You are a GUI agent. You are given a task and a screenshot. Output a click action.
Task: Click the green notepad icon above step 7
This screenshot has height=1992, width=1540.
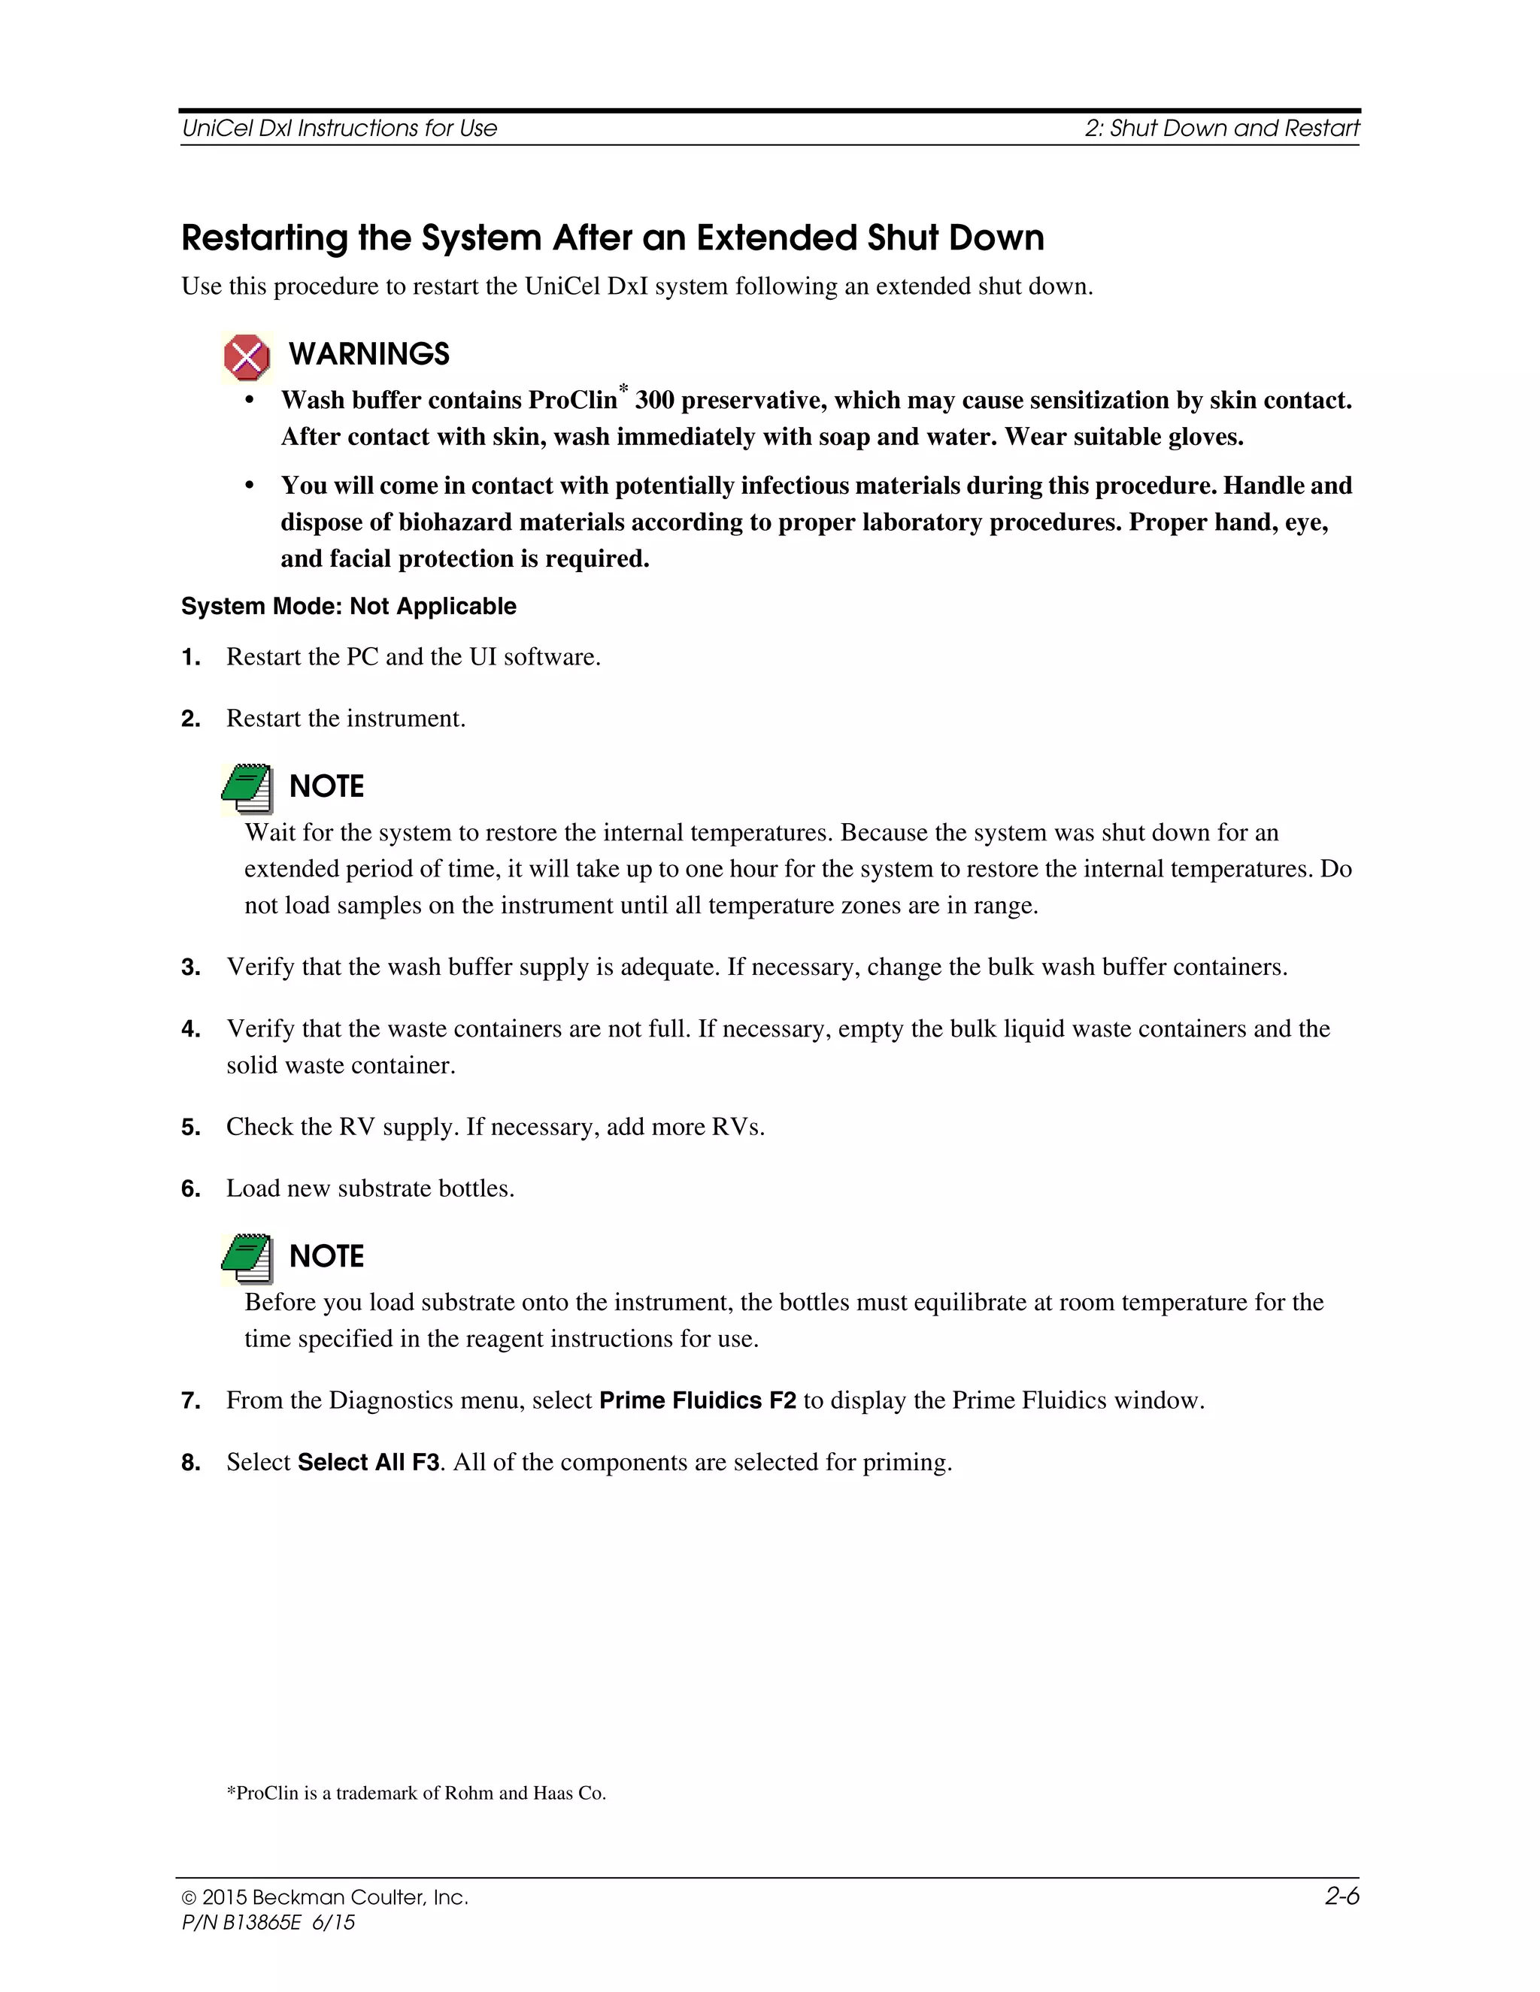click(247, 1258)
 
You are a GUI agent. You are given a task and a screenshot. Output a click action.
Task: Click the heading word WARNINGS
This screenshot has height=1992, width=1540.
click(368, 354)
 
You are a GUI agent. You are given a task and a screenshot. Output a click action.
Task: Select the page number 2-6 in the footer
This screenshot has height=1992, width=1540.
click(1341, 1897)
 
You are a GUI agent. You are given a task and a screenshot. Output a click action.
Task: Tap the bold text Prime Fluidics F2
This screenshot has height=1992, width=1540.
click(697, 1400)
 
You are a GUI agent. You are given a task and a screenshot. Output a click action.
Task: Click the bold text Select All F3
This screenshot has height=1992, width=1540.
click(368, 1462)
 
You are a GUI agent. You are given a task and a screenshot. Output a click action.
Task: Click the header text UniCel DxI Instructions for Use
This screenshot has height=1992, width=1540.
click(339, 129)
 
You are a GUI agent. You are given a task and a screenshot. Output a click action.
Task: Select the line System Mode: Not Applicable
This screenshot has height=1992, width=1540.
click(348, 607)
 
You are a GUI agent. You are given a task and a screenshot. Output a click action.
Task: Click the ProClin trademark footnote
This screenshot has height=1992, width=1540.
click(416, 1793)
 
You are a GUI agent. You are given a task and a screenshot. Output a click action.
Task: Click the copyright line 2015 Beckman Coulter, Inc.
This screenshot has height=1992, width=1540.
click(326, 1897)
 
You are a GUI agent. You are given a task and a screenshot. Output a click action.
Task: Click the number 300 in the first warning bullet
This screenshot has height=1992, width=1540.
click(654, 401)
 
